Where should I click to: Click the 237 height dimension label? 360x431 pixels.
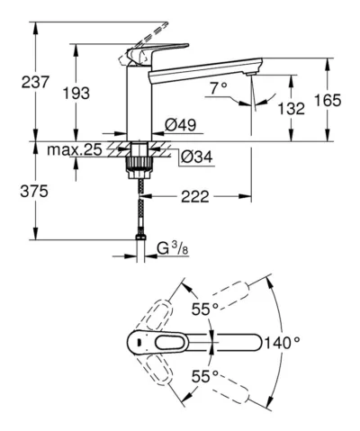click(x=35, y=82)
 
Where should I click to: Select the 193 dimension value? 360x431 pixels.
click(x=76, y=94)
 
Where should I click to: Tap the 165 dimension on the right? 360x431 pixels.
click(x=328, y=100)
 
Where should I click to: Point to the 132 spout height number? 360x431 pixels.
click(x=292, y=108)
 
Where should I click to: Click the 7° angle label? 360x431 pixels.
click(x=218, y=88)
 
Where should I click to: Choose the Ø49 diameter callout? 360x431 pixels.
click(x=180, y=125)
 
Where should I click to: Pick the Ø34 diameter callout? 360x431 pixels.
click(x=196, y=157)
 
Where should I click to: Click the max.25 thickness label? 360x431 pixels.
click(x=75, y=149)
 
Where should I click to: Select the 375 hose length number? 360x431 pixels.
click(x=34, y=191)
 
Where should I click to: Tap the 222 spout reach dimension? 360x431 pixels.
click(x=194, y=197)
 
